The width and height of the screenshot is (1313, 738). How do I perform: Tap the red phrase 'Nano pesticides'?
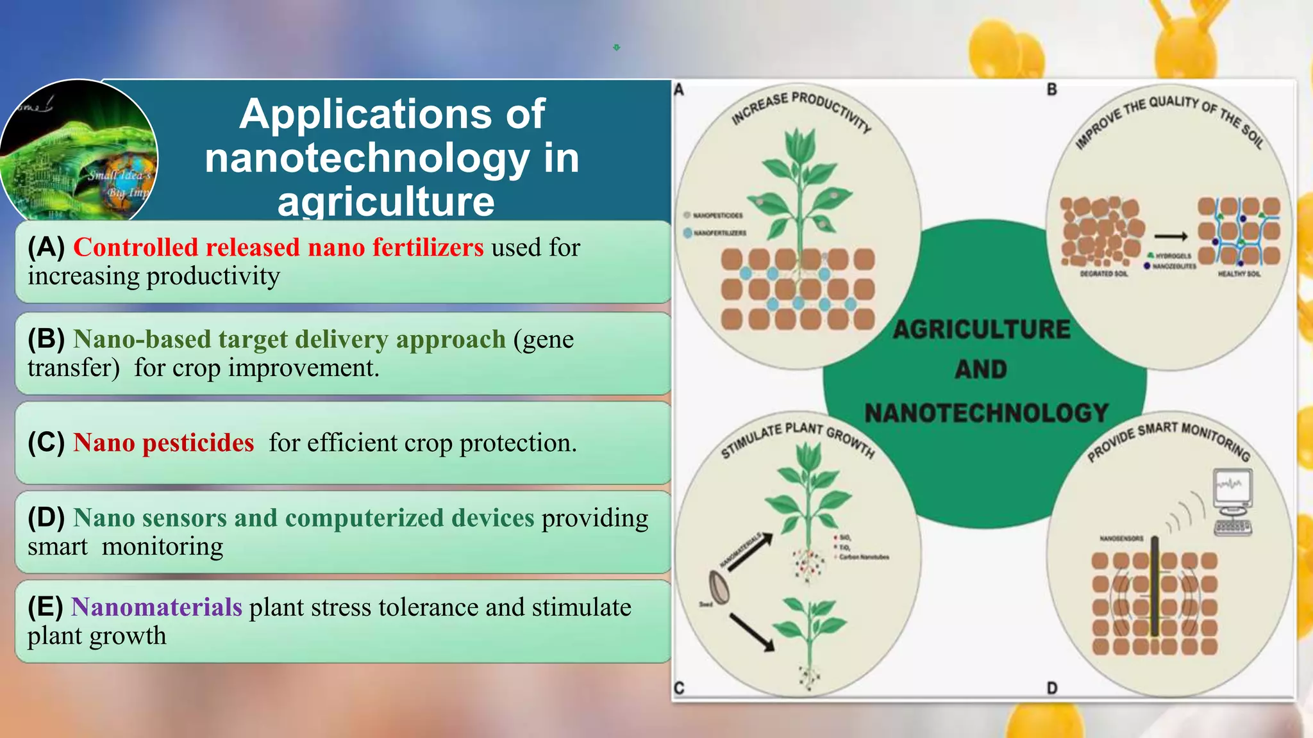(163, 443)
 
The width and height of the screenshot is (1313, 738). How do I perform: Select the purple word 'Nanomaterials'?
(156, 607)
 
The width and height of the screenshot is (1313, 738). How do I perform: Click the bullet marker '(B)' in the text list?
(46, 339)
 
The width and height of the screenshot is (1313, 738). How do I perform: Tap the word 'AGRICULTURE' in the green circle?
(982, 329)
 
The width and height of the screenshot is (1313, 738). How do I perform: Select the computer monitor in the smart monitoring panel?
(1232, 488)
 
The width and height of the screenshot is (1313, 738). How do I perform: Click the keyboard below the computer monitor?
(1233, 527)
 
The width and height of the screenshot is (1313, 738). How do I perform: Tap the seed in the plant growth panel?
(719, 587)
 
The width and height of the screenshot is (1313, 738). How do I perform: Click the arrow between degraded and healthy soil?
(1171, 236)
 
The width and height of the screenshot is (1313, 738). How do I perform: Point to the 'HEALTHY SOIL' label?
(1239, 274)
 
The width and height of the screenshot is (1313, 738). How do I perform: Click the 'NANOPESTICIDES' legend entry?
(717, 215)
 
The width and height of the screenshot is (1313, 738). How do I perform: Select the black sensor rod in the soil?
(1154, 586)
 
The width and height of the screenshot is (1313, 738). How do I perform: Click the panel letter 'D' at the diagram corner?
(1052, 688)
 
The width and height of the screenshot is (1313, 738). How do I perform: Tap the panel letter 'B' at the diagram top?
(1051, 90)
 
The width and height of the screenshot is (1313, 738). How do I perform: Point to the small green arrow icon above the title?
(616, 47)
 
